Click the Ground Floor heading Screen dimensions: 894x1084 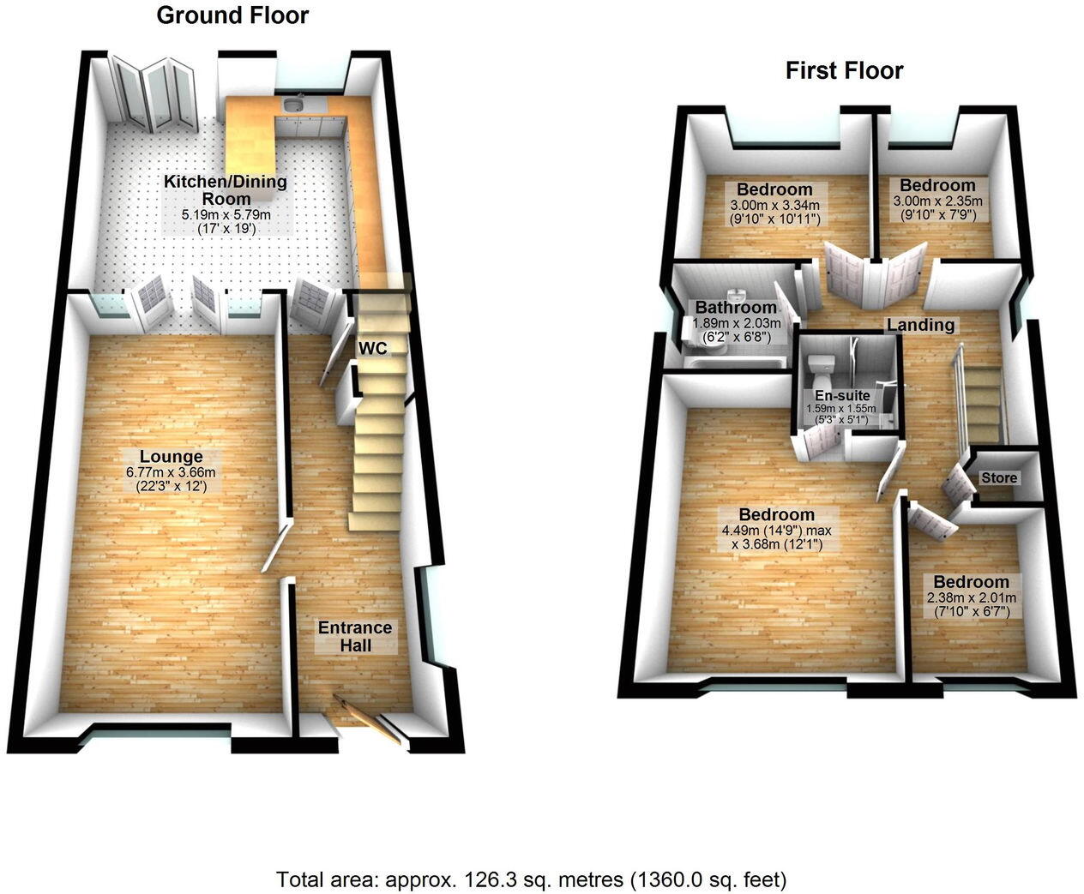(x=232, y=15)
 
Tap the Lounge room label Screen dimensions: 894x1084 (x=172, y=457)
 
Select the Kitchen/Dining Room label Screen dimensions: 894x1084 (x=226, y=189)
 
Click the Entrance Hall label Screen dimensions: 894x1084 (x=355, y=635)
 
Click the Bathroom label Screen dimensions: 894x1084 (x=736, y=307)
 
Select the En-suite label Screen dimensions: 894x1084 (x=842, y=396)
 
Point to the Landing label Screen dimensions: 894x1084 (x=920, y=325)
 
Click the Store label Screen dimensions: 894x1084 (x=999, y=477)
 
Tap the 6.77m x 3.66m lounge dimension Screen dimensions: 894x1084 (x=172, y=472)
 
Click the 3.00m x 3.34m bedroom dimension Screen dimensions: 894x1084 (x=774, y=206)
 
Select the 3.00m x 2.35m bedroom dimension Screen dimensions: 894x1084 (x=937, y=201)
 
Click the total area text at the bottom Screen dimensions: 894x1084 (x=531, y=879)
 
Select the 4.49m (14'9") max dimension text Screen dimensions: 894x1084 (x=777, y=531)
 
